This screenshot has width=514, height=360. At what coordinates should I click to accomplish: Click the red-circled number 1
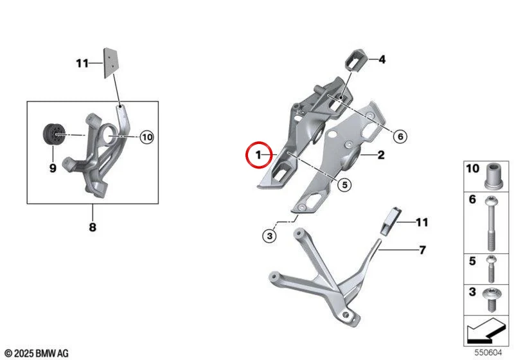click(x=259, y=155)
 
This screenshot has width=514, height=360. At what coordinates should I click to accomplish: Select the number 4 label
click(x=382, y=60)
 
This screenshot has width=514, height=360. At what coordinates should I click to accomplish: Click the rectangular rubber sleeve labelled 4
click(x=355, y=60)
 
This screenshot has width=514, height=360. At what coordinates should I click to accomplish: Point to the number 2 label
click(x=380, y=155)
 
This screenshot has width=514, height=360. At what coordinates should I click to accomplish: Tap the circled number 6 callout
click(x=400, y=136)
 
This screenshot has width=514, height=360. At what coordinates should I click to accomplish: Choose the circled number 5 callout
click(x=344, y=185)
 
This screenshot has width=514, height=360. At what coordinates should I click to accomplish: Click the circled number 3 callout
click(x=269, y=236)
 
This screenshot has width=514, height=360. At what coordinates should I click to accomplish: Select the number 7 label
click(x=422, y=250)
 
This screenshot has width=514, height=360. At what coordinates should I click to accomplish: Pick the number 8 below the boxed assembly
click(x=93, y=226)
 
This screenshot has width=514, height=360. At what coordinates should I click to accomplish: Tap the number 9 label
click(x=53, y=168)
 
